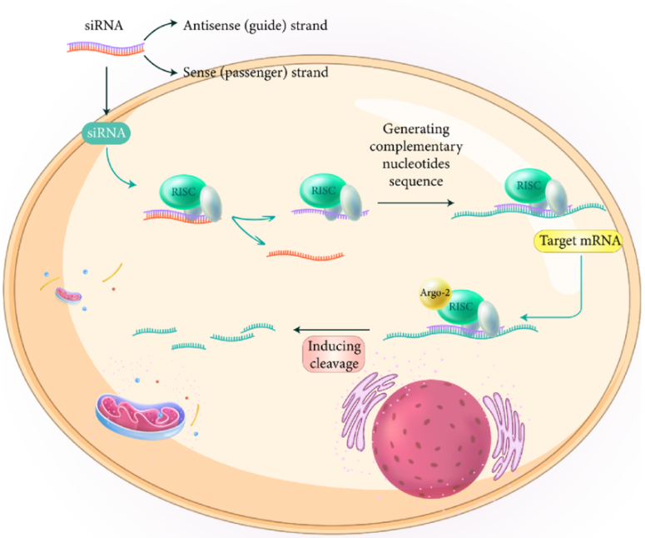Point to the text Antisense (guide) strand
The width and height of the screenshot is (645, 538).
(255, 26)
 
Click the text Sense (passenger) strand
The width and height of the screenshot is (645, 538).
(255, 72)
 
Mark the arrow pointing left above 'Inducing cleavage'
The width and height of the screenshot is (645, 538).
(333, 326)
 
